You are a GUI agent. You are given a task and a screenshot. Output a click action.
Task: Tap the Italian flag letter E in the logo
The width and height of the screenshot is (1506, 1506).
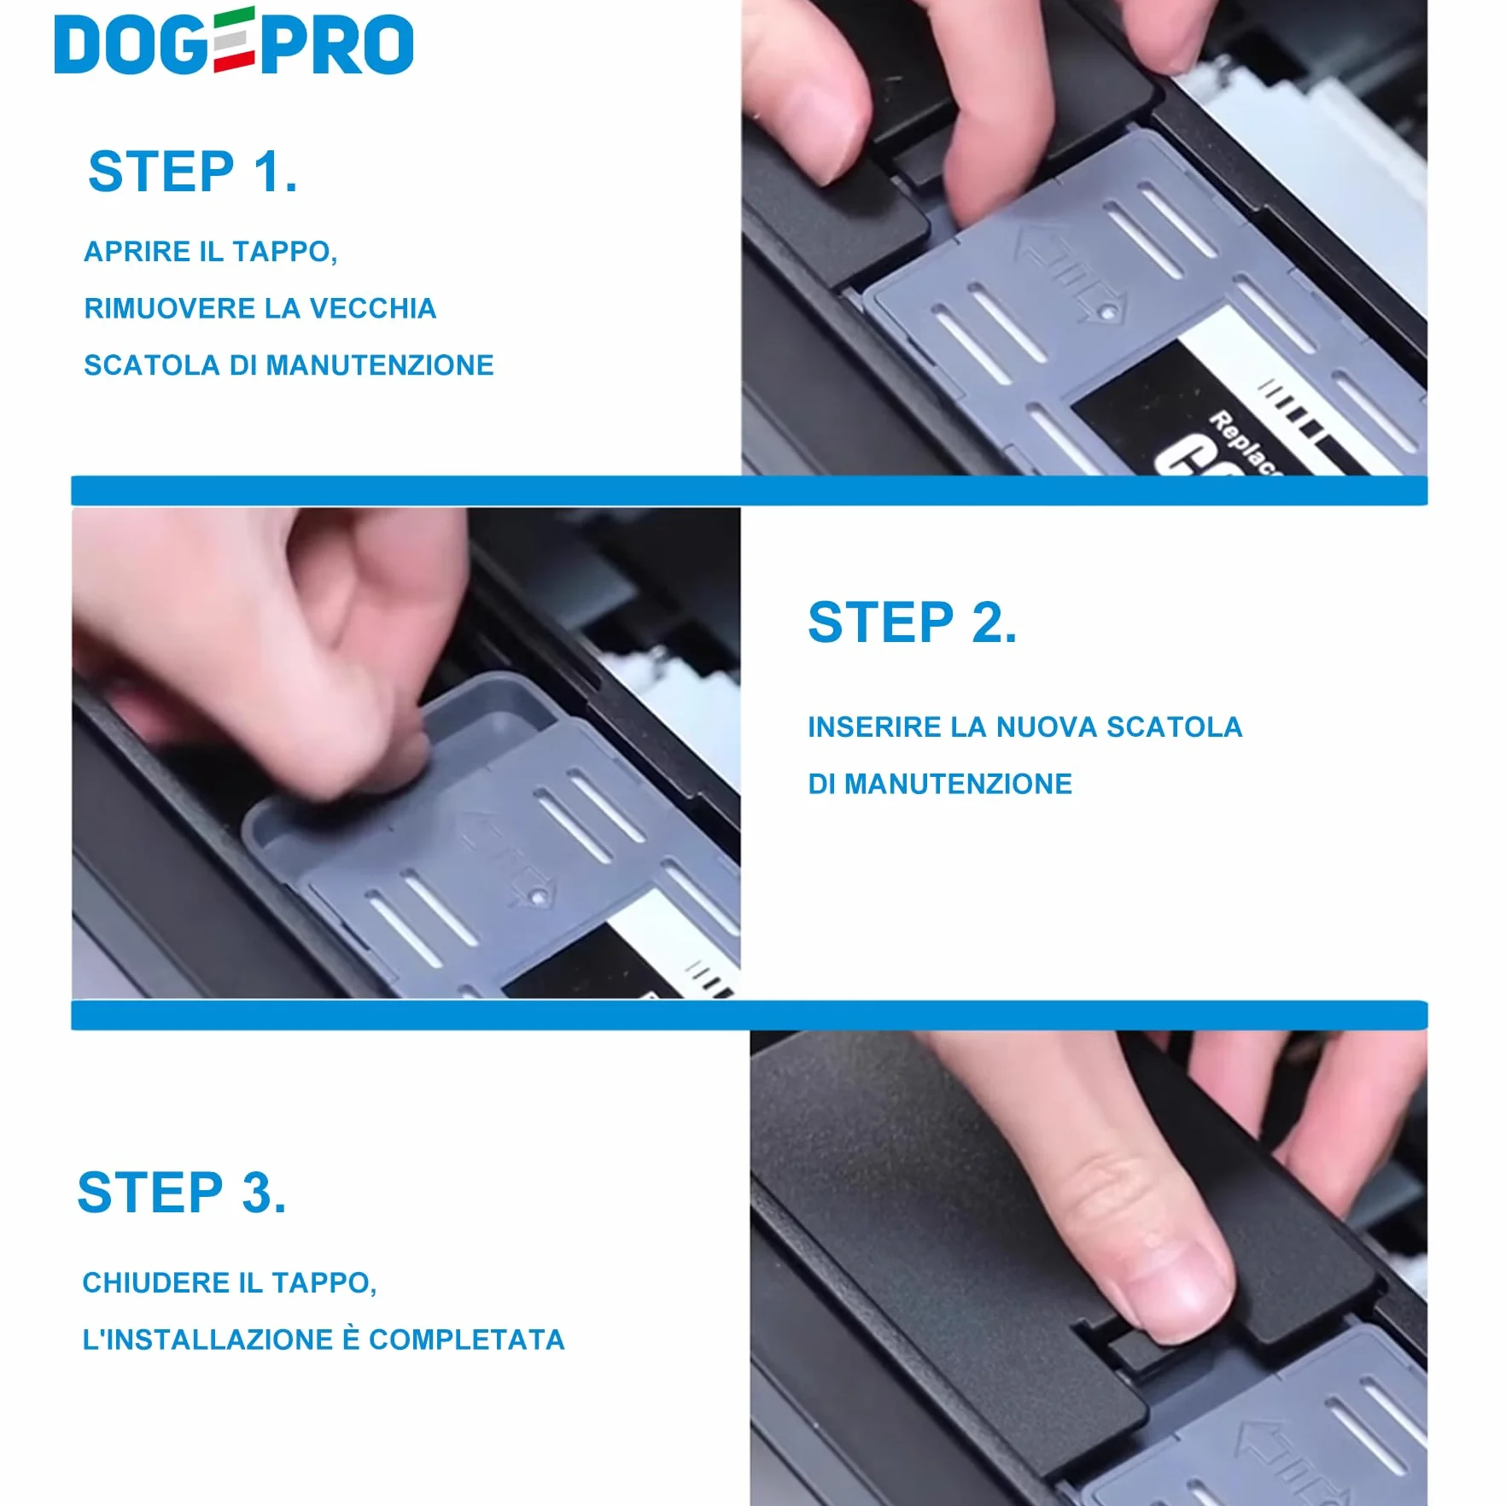(233, 40)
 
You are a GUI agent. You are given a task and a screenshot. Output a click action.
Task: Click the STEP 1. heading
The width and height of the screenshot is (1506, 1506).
(193, 172)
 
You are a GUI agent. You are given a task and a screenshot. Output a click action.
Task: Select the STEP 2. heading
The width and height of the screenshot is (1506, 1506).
(913, 622)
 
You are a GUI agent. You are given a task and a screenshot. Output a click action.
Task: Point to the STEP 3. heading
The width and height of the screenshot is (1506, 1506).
(182, 1193)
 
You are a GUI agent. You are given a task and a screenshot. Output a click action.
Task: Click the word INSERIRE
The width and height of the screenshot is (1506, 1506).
(875, 727)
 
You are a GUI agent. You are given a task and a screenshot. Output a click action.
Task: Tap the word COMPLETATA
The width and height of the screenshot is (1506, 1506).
(467, 1340)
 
